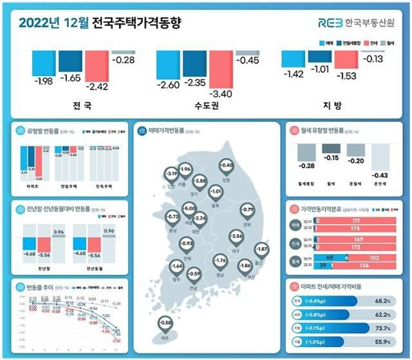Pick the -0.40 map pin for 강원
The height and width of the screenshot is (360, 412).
click(227, 166)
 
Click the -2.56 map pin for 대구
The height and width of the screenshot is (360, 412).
click(237, 236)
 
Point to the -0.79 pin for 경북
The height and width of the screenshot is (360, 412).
click(248, 208)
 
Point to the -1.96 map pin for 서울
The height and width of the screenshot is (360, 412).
click(183, 169)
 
